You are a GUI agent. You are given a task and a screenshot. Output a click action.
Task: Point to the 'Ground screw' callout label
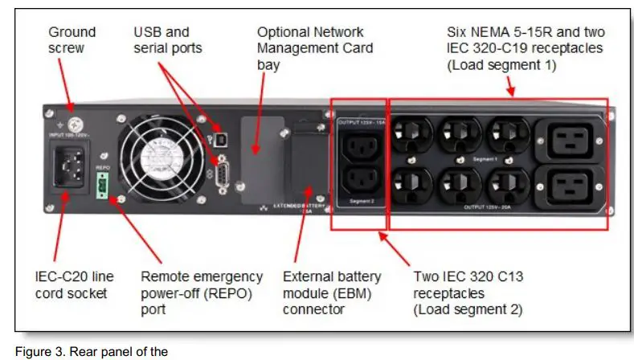(72, 40)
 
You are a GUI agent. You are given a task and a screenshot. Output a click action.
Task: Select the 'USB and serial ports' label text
(167, 40)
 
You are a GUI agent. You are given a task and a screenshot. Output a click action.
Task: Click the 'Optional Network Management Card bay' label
(309, 48)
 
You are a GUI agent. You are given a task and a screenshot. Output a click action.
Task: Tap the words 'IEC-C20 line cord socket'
(75, 284)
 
